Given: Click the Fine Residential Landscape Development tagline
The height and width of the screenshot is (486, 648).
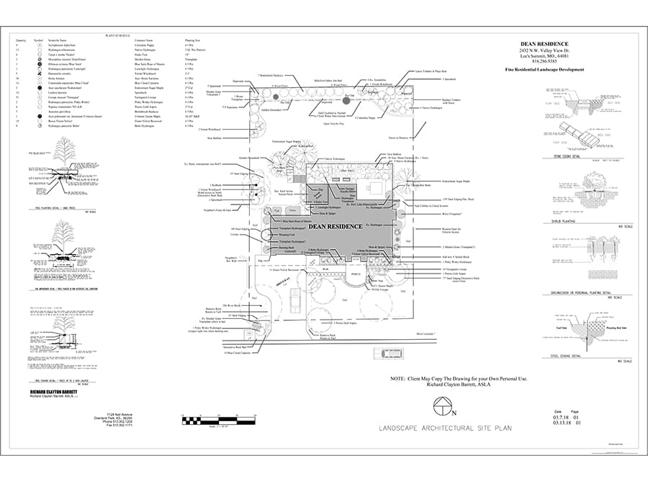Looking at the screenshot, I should click(x=544, y=69).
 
